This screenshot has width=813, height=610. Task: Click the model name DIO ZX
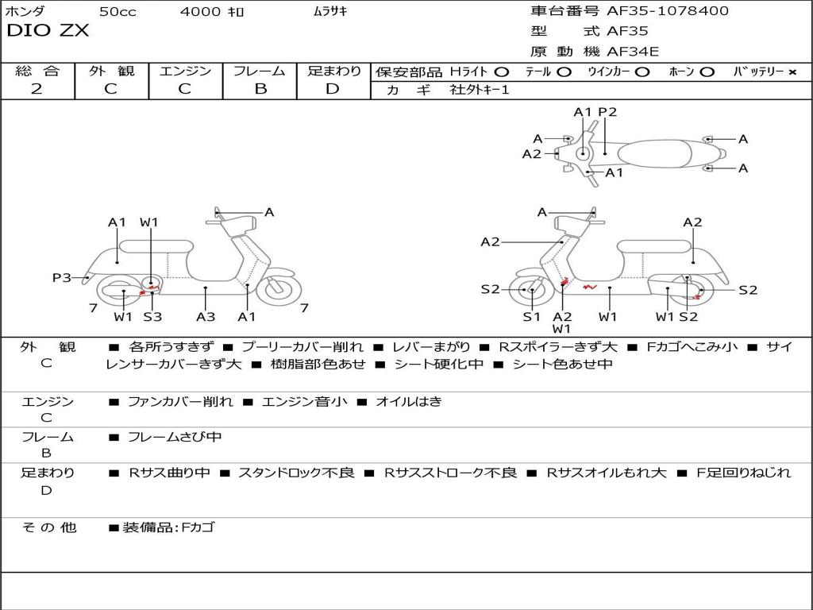pyautogui.click(x=48, y=31)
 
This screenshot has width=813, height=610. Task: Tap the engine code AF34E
pyautogui.click(x=633, y=52)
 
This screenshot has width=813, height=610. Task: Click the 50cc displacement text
pyautogui.click(x=117, y=11)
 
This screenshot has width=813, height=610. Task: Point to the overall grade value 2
pyautogui.click(x=37, y=89)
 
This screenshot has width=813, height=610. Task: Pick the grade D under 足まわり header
pyautogui.click(x=333, y=89)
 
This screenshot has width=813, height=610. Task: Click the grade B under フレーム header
pyautogui.click(x=260, y=89)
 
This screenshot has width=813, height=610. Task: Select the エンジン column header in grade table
pyautogui.click(x=185, y=71)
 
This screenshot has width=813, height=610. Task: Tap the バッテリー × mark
pyautogui.click(x=792, y=71)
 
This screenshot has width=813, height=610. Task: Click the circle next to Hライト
pyautogui.click(x=501, y=71)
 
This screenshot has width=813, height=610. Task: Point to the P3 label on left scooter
pyautogui.click(x=62, y=277)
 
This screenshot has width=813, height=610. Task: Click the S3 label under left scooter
pyautogui.click(x=152, y=317)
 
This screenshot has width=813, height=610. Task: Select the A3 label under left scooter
pyautogui.click(x=206, y=317)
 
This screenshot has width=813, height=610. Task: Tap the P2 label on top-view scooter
pyautogui.click(x=607, y=112)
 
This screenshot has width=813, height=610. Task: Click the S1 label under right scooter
pyautogui.click(x=531, y=317)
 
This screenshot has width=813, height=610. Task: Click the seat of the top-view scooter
pyautogui.click(x=659, y=153)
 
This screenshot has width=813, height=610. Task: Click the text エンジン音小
pyautogui.click(x=304, y=402)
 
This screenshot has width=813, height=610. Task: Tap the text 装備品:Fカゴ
pyautogui.click(x=168, y=527)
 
